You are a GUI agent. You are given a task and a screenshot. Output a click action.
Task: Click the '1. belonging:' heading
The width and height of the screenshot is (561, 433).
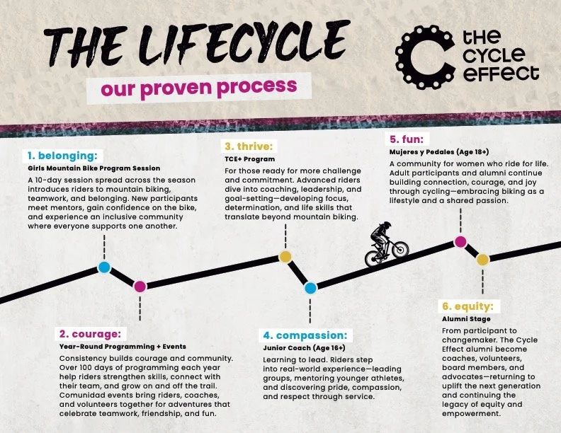click(x=64, y=155)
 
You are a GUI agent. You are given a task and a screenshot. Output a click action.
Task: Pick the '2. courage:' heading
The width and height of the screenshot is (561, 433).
click(x=90, y=333)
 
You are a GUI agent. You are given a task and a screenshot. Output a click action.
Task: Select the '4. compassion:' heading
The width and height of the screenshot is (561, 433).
click(x=305, y=335)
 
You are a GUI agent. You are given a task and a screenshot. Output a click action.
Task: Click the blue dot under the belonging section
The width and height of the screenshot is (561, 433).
click(x=104, y=267)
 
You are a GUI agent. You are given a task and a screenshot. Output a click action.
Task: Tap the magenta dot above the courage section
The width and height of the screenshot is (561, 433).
click(x=140, y=286)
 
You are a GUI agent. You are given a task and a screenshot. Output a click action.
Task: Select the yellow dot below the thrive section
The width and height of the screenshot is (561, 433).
click(x=285, y=257)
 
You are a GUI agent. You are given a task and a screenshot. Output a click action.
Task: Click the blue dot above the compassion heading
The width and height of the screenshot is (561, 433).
click(x=310, y=287)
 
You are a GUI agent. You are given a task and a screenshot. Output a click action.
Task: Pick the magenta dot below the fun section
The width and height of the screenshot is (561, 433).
click(x=460, y=242)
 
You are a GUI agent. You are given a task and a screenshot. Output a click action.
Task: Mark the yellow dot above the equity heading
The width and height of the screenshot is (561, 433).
click(x=482, y=260)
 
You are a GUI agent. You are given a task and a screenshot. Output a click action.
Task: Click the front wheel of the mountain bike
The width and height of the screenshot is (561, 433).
click(x=400, y=249)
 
